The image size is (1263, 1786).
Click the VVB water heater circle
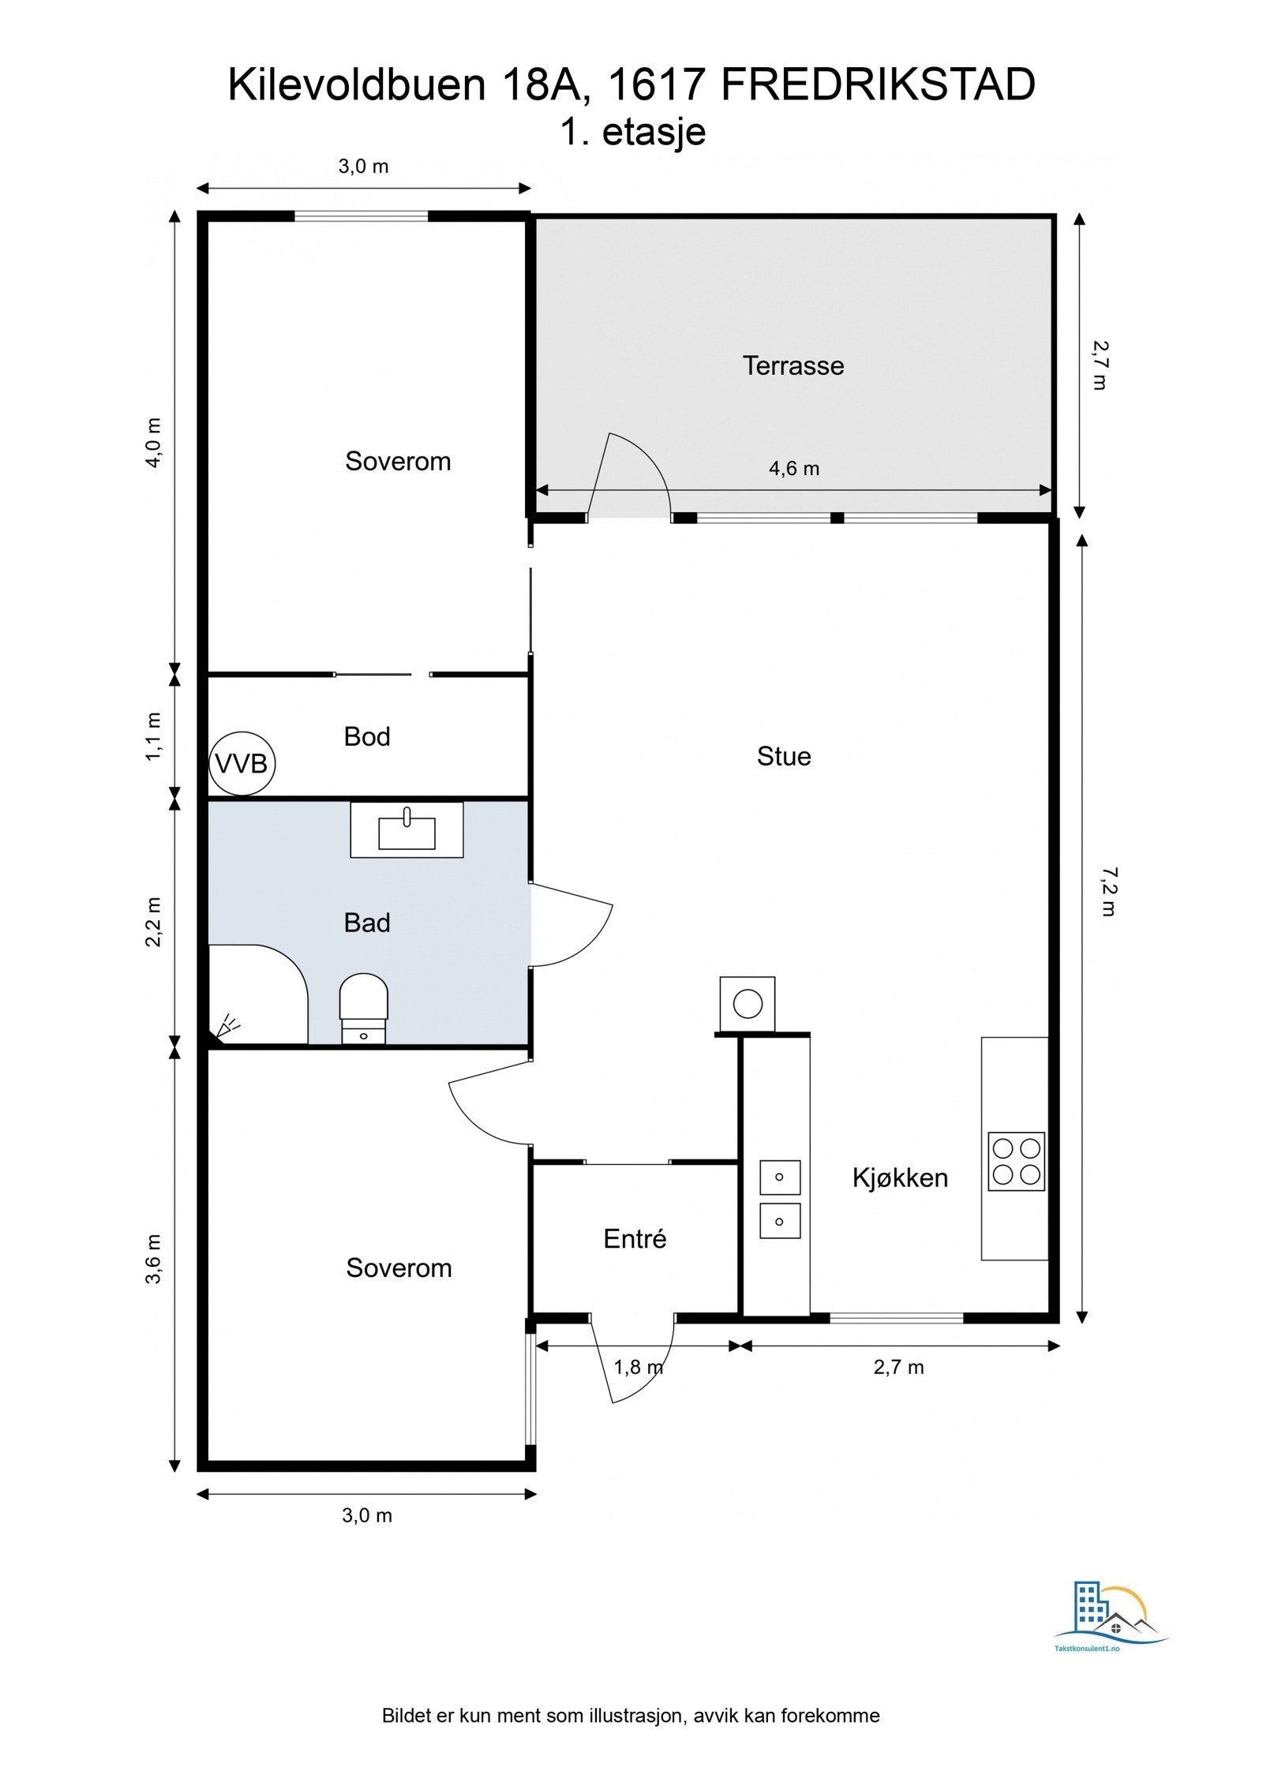point(242,763)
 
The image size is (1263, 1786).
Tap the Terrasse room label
point(793,365)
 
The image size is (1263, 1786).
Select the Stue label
point(784,756)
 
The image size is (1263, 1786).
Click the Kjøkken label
point(900,1178)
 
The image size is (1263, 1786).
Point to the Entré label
point(635,1238)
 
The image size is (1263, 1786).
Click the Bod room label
point(367,736)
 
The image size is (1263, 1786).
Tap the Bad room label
point(367,923)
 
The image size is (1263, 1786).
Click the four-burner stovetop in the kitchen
point(1017,1161)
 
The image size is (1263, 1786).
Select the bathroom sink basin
point(407,831)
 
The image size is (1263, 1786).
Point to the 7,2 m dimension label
point(1107,891)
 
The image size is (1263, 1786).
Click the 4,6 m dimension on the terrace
point(794,469)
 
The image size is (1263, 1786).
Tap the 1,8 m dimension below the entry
point(639,1365)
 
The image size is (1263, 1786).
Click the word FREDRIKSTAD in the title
point(879,85)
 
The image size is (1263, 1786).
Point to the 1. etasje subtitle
point(632,132)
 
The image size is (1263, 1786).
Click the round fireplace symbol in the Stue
point(748,1004)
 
